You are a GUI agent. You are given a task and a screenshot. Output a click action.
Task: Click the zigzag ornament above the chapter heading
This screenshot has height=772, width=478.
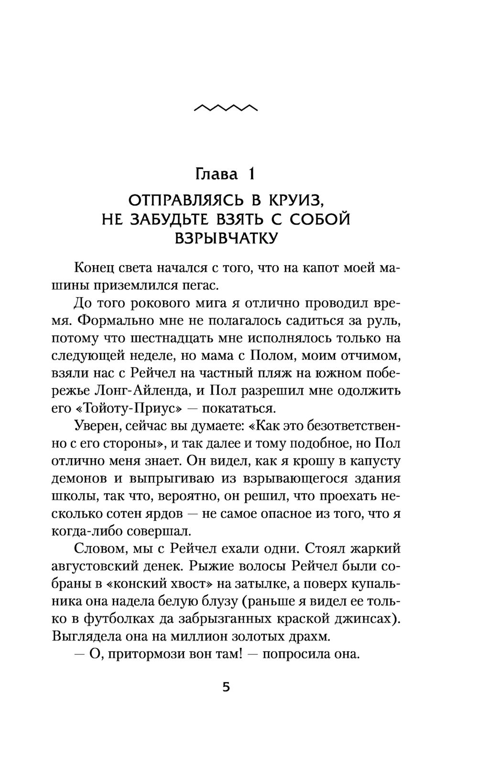(226, 108)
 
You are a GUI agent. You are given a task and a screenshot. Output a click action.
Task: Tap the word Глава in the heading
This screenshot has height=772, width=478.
(217, 174)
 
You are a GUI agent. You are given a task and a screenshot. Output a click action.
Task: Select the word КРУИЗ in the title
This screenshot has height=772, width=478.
(322, 200)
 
